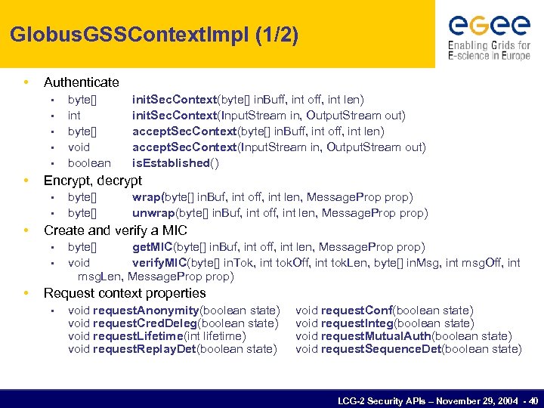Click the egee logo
[489, 36]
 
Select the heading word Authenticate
[81, 82]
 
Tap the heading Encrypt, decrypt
[92, 181]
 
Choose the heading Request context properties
[125, 293]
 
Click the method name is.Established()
[175, 163]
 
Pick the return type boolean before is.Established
[89, 163]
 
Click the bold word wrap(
[147, 197]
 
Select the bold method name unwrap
[153, 213]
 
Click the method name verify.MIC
[160, 263]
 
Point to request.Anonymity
[146, 311]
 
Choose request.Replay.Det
[144, 349]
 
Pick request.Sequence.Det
[381, 349]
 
